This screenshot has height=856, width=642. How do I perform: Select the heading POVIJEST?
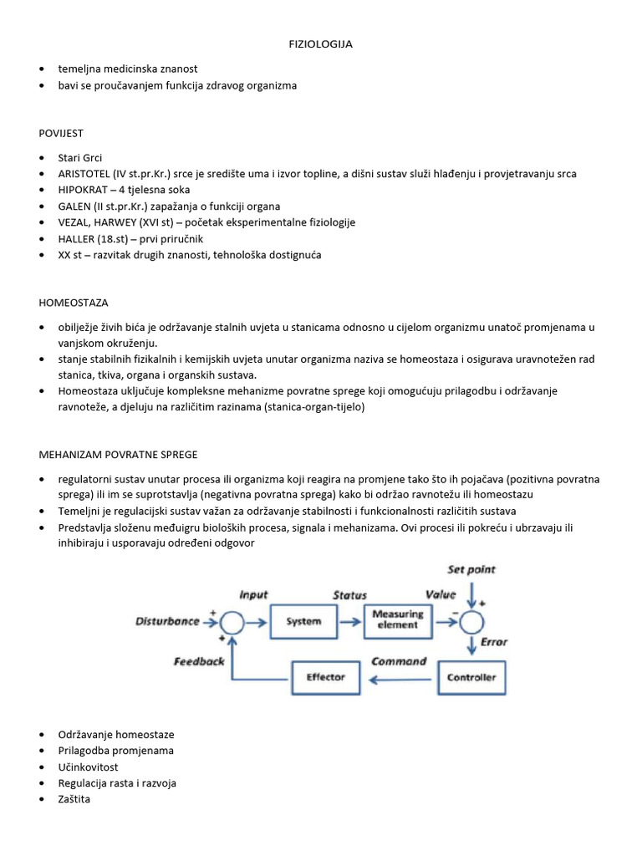[61, 133]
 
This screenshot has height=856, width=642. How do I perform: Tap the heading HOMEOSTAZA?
[73, 303]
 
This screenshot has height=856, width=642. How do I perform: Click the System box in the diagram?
[303, 622]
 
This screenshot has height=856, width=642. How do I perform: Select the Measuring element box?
[397, 619]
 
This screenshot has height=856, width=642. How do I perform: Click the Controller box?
[471, 677]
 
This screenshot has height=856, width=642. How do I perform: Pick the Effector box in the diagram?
[325, 676]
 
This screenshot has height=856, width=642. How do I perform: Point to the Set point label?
[471, 569]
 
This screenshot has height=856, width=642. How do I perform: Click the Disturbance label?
[167, 621]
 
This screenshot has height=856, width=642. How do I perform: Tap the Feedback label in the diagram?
[199, 661]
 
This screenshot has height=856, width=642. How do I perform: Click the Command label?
[399, 661]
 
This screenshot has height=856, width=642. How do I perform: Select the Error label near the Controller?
[494, 642]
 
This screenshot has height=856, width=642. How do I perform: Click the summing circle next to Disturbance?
[232, 622]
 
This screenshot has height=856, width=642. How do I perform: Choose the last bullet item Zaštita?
[74, 799]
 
